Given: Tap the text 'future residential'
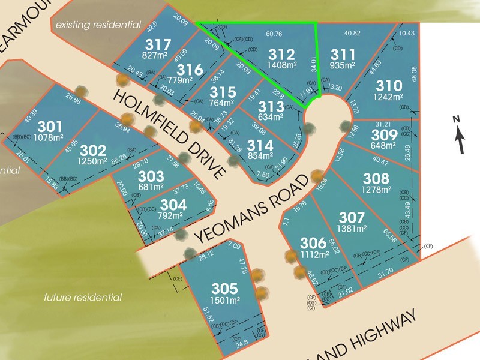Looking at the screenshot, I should click(x=83, y=298).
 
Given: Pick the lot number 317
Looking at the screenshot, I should click(x=158, y=45).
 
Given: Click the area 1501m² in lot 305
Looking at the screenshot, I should click(x=225, y=300).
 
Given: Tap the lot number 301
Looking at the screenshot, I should click(x=50, y=127).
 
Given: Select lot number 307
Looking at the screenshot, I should click(x=352, y=217).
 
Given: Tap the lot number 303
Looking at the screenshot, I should click(x=151, y=176).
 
